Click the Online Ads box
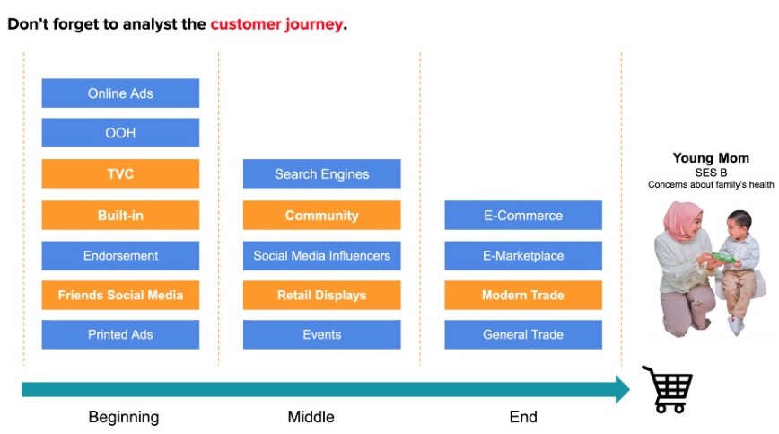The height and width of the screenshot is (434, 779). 120,93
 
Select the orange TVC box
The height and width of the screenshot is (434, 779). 120,174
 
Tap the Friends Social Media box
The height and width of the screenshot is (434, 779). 120,295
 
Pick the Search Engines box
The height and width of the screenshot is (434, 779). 321,174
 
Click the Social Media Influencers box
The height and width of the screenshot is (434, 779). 321,256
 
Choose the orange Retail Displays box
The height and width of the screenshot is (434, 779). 321,295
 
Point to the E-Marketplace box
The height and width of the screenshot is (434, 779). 523,256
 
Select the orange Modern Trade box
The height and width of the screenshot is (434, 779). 523,295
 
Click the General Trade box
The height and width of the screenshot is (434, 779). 523,334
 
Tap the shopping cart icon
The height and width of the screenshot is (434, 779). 668,389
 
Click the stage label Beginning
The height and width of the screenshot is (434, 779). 124,417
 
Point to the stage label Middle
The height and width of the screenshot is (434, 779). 311,417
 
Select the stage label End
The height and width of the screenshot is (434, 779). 523,417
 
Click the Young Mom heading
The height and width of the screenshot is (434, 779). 711,158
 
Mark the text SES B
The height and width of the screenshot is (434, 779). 711,172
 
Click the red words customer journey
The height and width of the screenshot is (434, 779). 276,24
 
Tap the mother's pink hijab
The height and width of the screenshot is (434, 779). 683,221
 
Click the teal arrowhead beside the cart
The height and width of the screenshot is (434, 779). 623,389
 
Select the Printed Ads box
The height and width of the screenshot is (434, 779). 120,334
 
